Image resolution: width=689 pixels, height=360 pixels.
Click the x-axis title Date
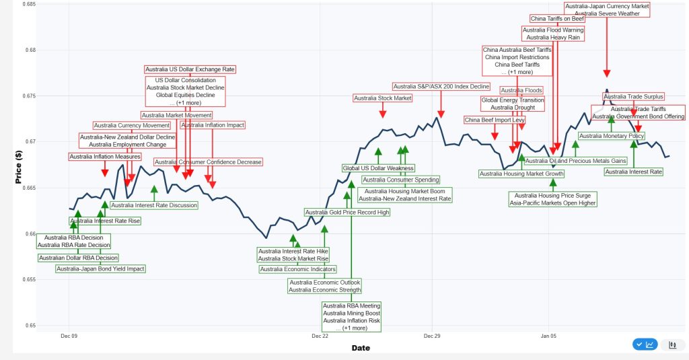click(360, 348)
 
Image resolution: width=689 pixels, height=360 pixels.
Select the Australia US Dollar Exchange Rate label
click(190, 69)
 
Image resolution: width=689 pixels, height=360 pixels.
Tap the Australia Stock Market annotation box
click(383, 98)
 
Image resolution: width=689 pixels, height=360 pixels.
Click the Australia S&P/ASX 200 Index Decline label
click(441, 86)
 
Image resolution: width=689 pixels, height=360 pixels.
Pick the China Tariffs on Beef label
click(557, 18)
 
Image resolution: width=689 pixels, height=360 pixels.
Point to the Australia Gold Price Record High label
click(347, 213)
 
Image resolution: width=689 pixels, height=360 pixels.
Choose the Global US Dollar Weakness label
click(378, 168)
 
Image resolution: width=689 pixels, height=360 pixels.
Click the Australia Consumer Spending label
click(401, 180)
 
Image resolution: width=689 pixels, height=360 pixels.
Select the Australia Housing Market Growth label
click(521, 174)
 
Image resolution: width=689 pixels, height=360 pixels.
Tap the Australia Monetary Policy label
click(612, 136)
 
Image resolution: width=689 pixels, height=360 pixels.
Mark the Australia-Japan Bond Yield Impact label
click(100, 268)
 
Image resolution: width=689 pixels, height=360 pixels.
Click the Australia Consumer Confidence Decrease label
click(208, 162)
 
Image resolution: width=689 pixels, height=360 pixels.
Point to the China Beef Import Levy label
click(495, 120)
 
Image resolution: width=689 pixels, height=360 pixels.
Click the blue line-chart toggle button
click(645, 345)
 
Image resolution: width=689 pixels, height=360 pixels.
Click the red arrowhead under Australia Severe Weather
click(606, 73)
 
